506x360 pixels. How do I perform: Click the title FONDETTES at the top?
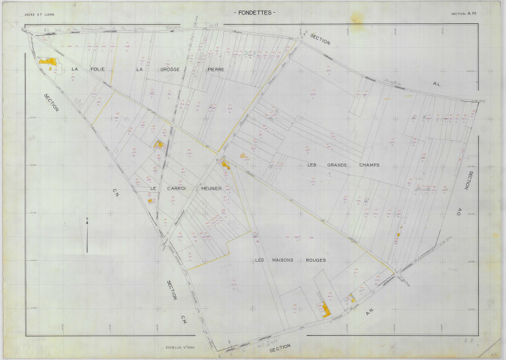(255, 13)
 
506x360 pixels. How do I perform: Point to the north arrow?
(87, 235)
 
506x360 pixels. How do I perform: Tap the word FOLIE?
(97, 69)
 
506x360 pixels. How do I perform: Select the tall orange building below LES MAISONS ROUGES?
(326, 309)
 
